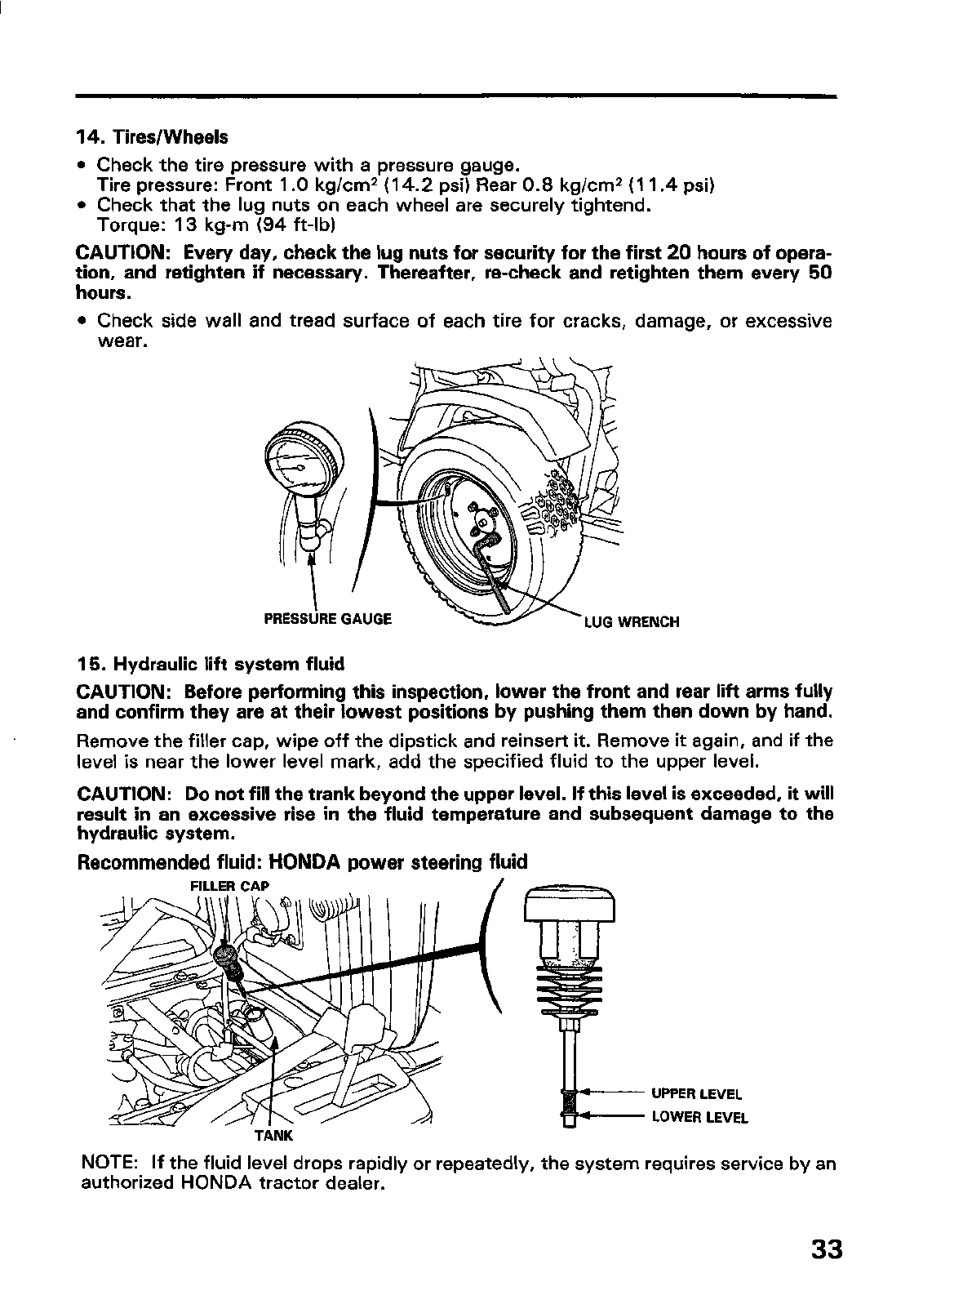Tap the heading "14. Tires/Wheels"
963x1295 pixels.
pyautogui.click(x=152, y=136)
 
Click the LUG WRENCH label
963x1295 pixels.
pyautogui.click(x=631, y=622)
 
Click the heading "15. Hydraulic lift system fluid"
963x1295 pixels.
pyautogui.click(x=211, y=662)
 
